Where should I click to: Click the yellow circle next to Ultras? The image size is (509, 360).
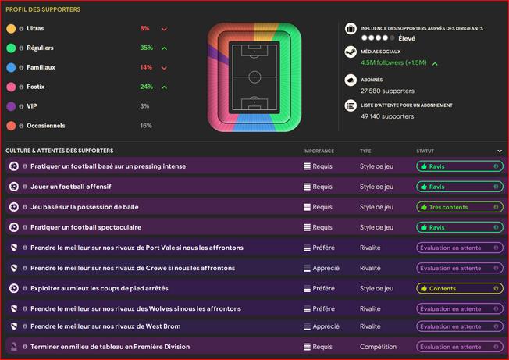point(11,28)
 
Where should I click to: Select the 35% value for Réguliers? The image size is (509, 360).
point(146,48)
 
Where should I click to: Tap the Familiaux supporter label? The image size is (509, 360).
point(41,67)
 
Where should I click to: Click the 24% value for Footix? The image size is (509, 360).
point(146,87)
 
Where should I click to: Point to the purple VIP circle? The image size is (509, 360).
point(11,106)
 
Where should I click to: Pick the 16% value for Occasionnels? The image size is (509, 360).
point(145,126)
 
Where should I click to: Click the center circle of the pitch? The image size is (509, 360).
point(255,77)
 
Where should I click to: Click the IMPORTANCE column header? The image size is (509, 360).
point(319,151)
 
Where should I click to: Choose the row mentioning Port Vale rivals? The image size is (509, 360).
point(137,248)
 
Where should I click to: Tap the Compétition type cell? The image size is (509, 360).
point(379,347)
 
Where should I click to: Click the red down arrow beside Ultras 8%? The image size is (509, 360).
point(164,29)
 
